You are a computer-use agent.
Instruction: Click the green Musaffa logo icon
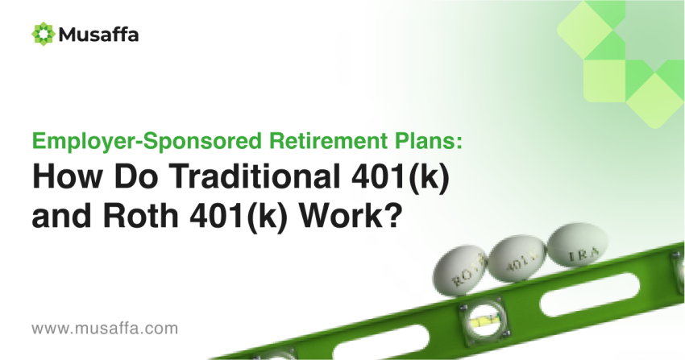pyautogui.click(x=44, y=34)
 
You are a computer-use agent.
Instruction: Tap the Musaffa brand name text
pyautogui.click(x=99, y=35)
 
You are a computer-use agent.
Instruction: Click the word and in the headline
pyautogui.click(x=61, y=216)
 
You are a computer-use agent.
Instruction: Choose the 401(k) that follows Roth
pyautogui.click(x=239, y=217)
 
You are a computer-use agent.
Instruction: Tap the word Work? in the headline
pyautogui.click(x=350, y=216)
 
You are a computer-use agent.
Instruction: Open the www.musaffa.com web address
pyautogui.click(x=105, y=328)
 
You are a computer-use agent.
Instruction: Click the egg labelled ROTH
pyautogui.click(x=459, y=270)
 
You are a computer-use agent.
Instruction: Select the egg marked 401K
pyautogui.click(x=517, y=259)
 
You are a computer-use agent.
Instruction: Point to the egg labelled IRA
pyautogui.click(x=577, y=245)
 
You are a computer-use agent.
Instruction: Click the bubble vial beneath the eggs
pyautogui.click(x=484, y=322)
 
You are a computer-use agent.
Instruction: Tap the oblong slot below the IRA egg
pyautogui.click(x=589, y=294)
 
